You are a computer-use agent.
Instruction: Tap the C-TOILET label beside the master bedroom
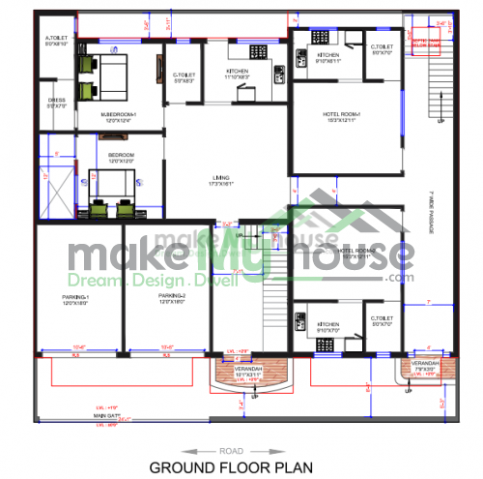point(185,76)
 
